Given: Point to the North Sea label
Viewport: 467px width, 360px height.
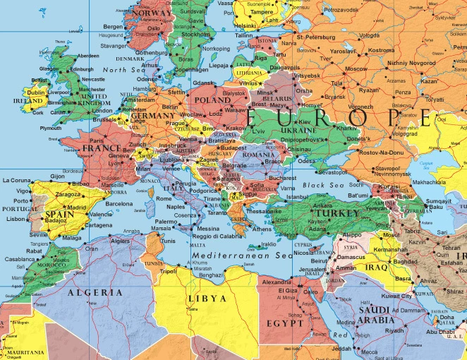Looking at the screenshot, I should pyautogui.click(x=124, y=71).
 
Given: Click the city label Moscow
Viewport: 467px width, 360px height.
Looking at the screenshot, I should pyautogui.click(x=356, y=69).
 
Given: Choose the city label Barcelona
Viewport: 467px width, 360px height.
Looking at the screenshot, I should pyautogui.click(x=119, y=204).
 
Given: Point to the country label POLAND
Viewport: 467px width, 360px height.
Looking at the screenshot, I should pyautogui.click(x=212, y=101).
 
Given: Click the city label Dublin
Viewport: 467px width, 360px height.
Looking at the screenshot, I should pyautogui.click(x=37, y=92).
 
